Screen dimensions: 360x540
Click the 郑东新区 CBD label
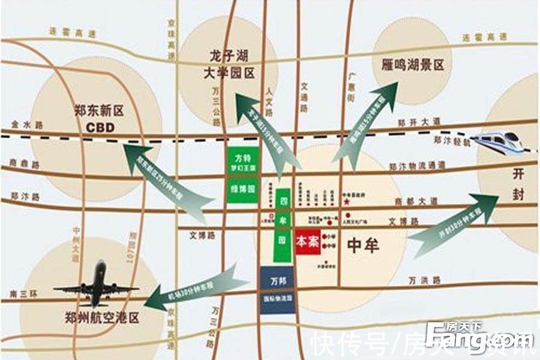coord(99,119)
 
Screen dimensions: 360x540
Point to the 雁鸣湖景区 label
coord(413,64)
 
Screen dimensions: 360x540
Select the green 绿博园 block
coord(242,190)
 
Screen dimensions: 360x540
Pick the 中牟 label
coord(362,245)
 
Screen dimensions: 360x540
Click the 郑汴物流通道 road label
coord(416,165)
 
